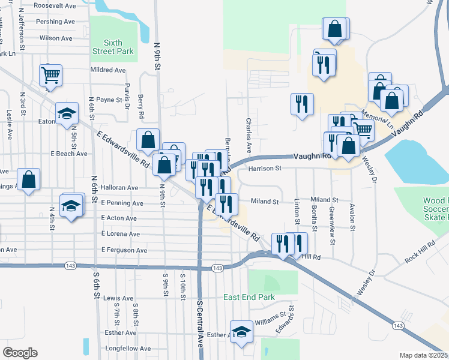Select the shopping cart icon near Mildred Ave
tap(51, 76)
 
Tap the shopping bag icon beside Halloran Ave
tap(28, 179)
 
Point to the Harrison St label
tap(265, 169)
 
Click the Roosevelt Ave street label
tap(55, 5)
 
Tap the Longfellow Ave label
tap(128, 348)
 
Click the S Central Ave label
tap(200, 325)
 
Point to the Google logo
tap(20, 352)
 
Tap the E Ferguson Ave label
tap(124, 250)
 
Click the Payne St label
tap(109, 100)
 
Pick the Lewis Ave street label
tap(118, 298)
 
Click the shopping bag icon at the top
tap(336, 28)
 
